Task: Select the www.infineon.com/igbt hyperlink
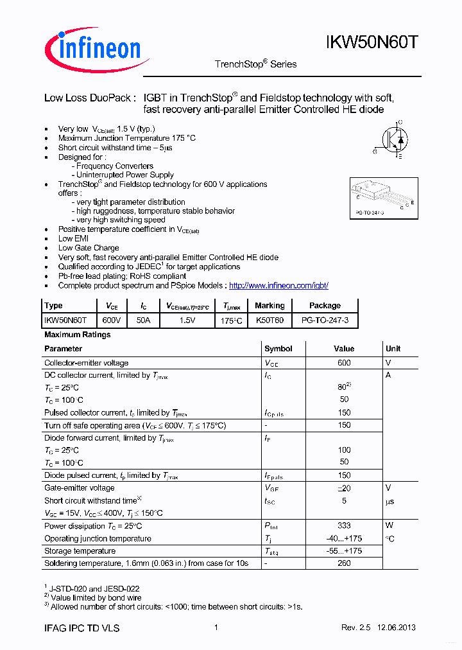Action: coord(278,285)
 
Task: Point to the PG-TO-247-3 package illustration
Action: coord(382,198)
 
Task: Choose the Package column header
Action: coord(325,306)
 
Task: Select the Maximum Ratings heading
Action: coord(77,335)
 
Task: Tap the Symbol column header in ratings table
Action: coord(278,349)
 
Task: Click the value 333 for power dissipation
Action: coord(344,526)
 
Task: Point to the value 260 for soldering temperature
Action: coord(344,563)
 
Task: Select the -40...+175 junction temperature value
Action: coord(344,538)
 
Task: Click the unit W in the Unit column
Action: coord(389,526)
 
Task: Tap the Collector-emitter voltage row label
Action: coord(86,363)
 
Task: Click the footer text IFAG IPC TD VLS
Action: coord(81,628)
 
